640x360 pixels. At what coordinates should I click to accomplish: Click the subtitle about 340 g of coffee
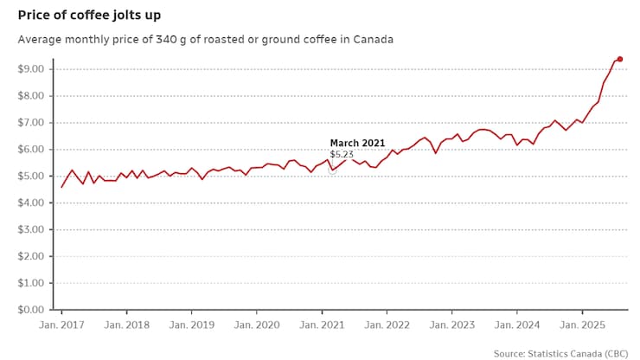pos(205,40)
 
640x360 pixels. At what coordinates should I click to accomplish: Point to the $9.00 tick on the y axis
pos(34,69)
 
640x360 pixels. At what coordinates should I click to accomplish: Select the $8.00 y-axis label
pos(34,96)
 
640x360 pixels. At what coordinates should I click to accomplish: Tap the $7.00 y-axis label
pos(34,123)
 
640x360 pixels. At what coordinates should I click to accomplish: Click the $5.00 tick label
pos(34,177)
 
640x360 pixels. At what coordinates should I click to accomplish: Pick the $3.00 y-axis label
pos(34,230)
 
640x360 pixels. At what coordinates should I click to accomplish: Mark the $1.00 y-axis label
pos(34,283)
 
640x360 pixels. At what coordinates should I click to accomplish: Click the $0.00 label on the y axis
pos(34,310)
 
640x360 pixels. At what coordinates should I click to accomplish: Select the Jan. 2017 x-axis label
pos(61,325)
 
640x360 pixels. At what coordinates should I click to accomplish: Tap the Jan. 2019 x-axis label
pos(191,325)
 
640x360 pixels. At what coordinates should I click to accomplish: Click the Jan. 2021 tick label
pos(322,325)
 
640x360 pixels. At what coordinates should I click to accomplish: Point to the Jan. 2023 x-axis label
pos(451,325)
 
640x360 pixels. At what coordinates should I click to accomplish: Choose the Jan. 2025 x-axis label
pos(581,325)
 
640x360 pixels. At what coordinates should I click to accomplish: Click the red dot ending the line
pos(620,59)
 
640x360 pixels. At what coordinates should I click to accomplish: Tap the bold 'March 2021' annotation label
pos(356,143)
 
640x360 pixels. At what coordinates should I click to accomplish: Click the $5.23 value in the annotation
pos(342,154)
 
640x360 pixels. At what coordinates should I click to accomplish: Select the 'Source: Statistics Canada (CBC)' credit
pos(561,353)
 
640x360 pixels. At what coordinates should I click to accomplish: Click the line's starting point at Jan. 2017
pos(61,187)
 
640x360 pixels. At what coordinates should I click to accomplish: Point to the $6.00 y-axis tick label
pos(34,150)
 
